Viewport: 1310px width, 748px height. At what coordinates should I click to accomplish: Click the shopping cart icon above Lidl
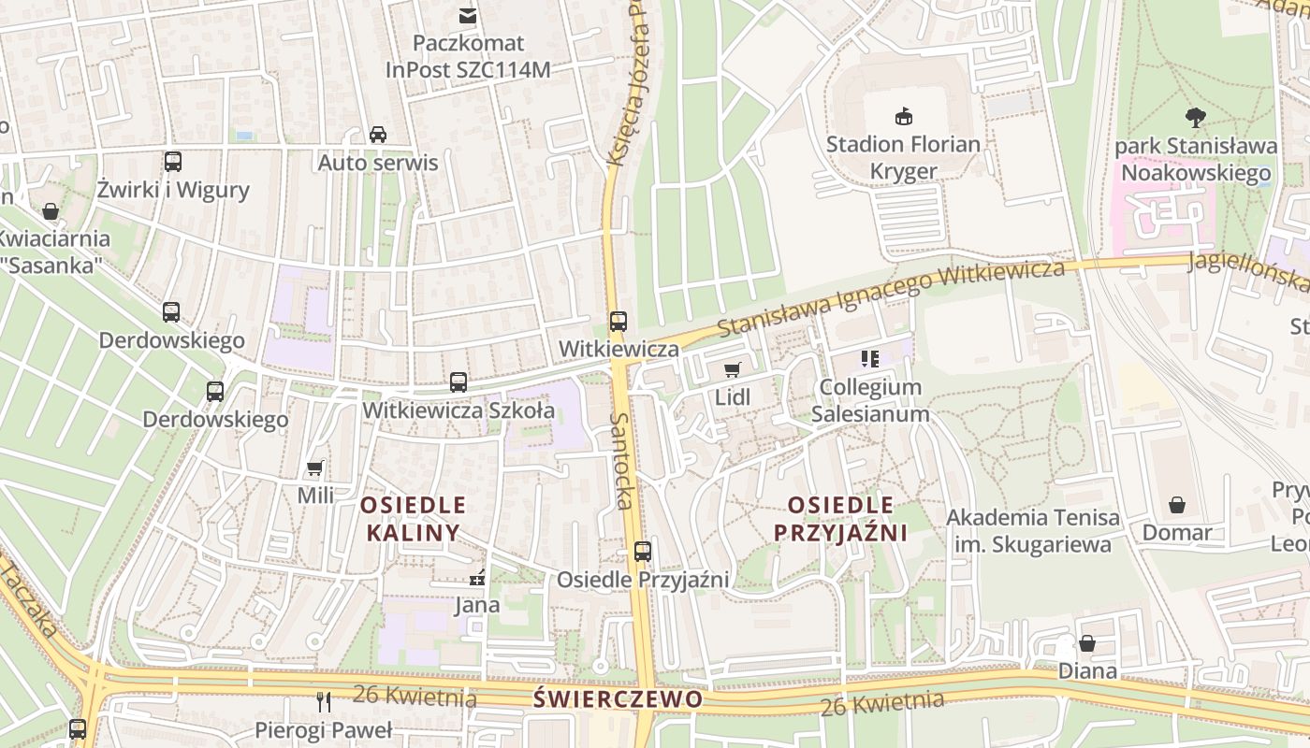tap(732, 369)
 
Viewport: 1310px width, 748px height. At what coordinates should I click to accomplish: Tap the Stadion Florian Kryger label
tap(903, 157)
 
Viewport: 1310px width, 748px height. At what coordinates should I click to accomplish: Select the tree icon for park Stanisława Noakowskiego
tap(1195, 118)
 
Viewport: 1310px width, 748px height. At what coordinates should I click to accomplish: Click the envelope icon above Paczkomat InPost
tap(467, 15)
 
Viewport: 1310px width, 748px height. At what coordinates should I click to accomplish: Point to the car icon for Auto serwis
tap(378, 134)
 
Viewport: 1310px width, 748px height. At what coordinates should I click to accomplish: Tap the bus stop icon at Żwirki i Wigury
tap(173, 162)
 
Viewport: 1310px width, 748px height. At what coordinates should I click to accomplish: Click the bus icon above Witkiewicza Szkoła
tap(458, 381)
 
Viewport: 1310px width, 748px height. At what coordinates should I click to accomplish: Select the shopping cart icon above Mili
tap(315, 467)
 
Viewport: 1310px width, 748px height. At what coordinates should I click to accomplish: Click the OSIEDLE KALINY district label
tap(413, 519)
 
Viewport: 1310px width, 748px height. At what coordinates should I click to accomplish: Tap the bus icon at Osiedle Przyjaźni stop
tap(642, 552)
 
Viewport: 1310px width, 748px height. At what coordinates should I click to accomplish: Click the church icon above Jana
tap(477, 578)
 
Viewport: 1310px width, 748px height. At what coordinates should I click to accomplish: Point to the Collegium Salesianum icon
tap(870, 359)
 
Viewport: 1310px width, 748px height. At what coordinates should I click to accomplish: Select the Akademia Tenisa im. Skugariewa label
tap(1032, 530)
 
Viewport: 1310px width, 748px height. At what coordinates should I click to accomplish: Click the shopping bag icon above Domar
tap(1176, 505)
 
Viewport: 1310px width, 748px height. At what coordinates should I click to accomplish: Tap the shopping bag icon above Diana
tap(1086, 643)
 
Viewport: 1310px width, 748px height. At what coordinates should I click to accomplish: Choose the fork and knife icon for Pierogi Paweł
tap(324, 701)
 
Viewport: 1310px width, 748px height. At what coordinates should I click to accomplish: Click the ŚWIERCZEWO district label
tap(618, 699)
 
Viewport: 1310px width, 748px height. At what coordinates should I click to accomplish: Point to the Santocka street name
tap(622, 460)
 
